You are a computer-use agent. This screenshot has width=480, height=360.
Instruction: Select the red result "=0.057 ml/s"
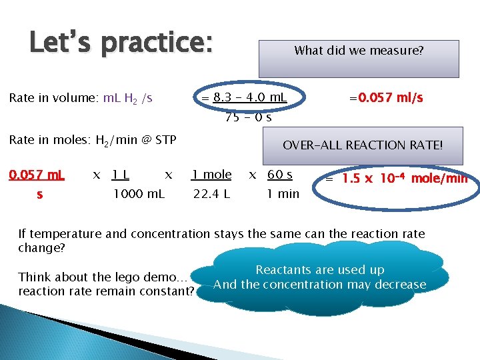386,98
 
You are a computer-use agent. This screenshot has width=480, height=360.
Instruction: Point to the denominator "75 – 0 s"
249,117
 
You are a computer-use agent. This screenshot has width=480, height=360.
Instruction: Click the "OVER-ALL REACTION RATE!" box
363,145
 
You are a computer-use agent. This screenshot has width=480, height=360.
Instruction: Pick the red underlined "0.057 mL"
36,175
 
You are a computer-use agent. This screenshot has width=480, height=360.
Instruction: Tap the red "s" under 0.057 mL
39,195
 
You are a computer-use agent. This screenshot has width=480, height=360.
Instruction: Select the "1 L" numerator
121,175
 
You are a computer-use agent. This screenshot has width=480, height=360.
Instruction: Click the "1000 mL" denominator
139,195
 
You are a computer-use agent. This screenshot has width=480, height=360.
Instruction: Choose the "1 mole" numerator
211,175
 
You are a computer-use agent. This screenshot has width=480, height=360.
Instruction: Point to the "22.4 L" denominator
211,195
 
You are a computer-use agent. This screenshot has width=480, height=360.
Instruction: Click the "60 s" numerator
279,175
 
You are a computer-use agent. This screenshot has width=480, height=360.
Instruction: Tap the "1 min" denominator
283,195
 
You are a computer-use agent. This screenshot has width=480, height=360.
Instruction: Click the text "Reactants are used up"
320,270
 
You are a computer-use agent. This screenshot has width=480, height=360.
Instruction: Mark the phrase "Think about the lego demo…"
103,277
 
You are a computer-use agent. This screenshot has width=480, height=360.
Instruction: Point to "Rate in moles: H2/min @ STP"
92,140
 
